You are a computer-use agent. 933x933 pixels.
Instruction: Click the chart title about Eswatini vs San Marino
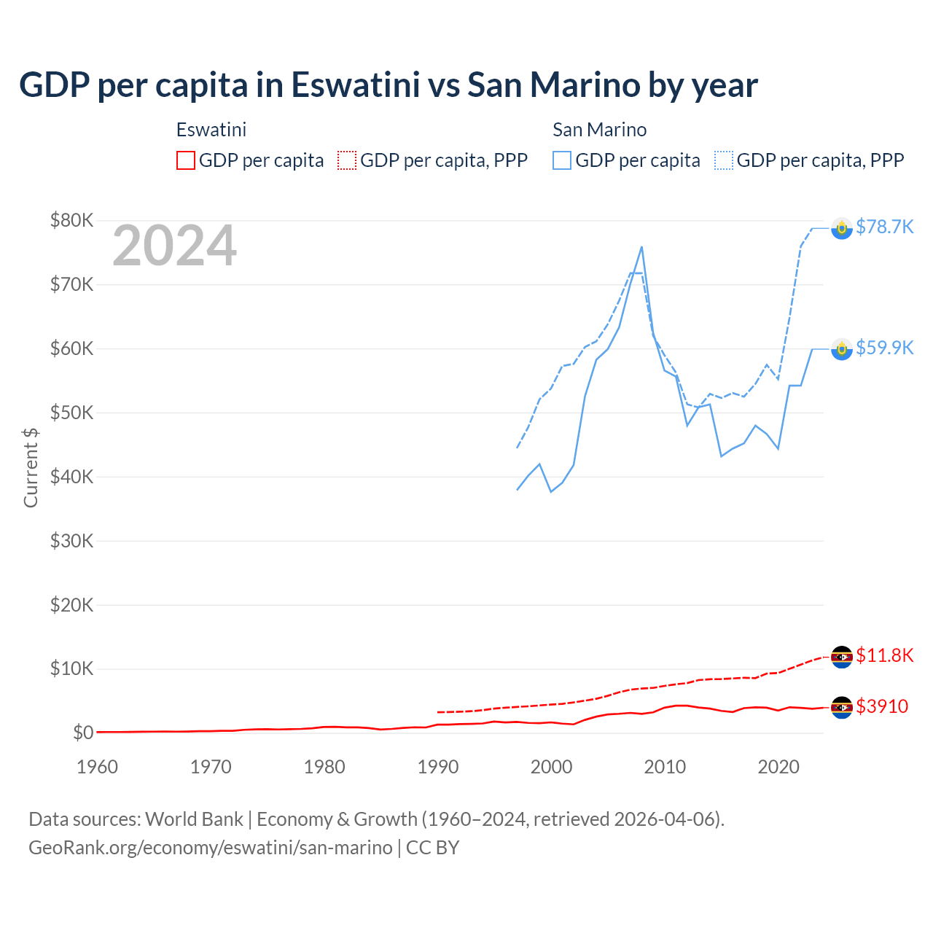coord(388,85)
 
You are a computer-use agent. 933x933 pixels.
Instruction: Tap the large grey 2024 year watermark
coord(174,246)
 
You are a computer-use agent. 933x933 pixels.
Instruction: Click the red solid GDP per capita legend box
coord(186,160)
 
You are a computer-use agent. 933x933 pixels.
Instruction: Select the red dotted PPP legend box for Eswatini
coord(347,160)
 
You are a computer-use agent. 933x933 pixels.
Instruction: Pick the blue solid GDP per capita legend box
coord(562,160)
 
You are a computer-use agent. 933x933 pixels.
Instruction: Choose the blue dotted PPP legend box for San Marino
coord(724,160)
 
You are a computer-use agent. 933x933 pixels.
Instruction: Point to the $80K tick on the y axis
coord(71,220)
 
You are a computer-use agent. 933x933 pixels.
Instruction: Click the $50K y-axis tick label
coord(71,413)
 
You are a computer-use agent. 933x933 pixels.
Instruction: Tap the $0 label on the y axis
coord(82,733)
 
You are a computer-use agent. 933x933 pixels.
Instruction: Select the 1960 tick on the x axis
coord(97,767)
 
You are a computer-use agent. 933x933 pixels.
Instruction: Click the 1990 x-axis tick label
coord(438,767)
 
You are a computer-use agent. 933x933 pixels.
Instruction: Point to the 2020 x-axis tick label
coord(778,767)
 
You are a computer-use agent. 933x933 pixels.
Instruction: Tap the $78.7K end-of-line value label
coord(884,227)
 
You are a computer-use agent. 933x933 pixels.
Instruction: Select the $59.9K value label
coord(884,348)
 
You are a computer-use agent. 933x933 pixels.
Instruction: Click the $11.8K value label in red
coord(884,656)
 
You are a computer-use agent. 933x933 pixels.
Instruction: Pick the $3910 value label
coord(882,707)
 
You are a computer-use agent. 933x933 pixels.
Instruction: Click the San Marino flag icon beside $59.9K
coord(842,349)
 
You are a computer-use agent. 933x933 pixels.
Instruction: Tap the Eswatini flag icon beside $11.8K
coord(842,657)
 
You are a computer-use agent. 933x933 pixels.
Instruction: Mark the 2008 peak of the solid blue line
coord(641,247)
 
